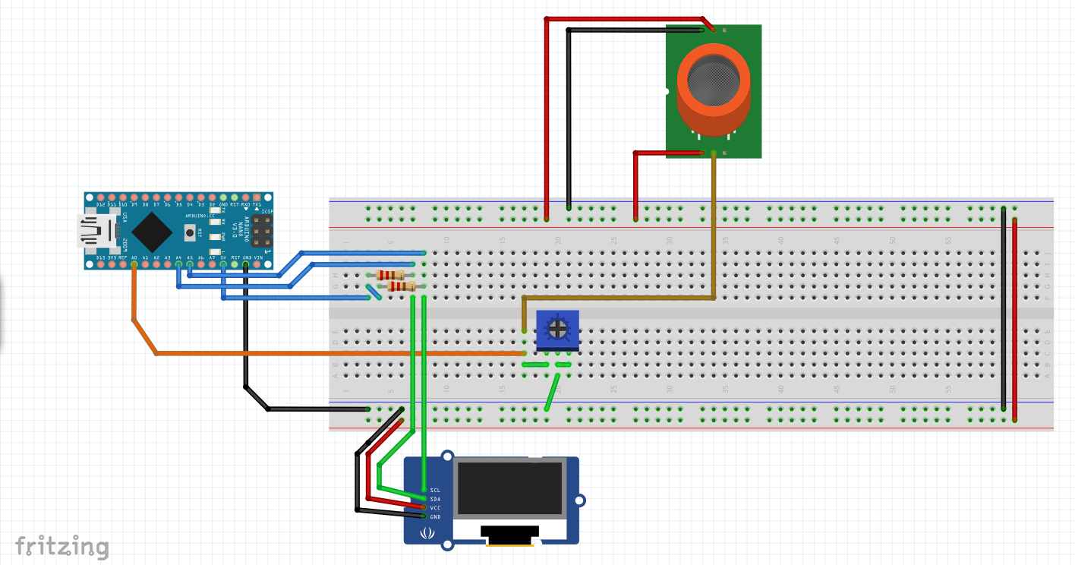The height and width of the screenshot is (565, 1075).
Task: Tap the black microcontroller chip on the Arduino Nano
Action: coord(152,232)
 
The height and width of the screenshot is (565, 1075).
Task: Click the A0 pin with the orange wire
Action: coord(134,264)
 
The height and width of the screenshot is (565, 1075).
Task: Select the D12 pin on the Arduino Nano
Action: coord(101,198)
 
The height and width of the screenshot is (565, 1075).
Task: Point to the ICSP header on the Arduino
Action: coord(262,231)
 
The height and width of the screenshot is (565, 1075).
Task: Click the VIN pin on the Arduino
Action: coord(257,264)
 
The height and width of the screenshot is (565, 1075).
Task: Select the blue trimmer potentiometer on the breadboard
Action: coord(557,330)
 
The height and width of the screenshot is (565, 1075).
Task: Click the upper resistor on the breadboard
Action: coord(390,275)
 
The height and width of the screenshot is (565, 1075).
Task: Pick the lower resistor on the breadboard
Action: coord(400,286)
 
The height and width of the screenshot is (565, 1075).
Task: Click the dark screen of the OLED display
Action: coord(510,487)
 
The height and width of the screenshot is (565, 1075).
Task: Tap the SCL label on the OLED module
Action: coord(435,490)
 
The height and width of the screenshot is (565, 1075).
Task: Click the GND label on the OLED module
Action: coord(435,517)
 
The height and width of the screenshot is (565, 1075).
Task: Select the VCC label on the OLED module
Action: coord(435,508)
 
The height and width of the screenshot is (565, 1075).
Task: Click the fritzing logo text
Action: coord(62,546)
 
